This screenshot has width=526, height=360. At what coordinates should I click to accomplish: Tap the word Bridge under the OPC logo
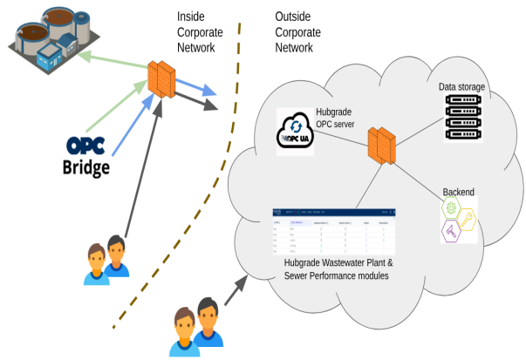point(85,166)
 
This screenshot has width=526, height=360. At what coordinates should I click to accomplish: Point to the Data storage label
point(461,88)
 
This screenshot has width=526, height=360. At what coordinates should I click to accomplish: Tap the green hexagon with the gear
point(452,208)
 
